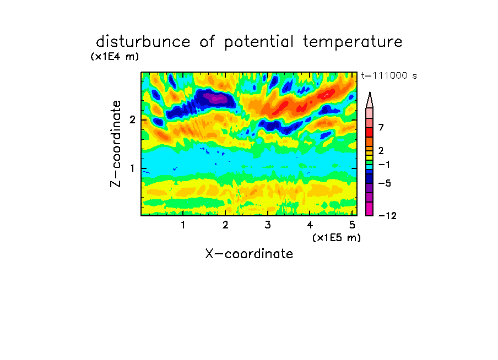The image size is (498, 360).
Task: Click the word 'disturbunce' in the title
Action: point(143,42)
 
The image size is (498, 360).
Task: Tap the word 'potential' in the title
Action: point(259,42)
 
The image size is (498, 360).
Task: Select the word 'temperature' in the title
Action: point(353,42)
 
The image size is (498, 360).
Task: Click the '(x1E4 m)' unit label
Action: point(115,57)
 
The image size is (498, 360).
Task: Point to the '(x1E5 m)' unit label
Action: point(337,237)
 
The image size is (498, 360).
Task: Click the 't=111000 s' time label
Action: point(389,75)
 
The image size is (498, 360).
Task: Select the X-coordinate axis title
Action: point(249,254)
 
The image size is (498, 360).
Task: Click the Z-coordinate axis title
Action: point(116,144)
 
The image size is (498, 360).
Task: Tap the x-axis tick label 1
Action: point(183,225)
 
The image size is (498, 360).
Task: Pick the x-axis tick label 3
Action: point(268,225)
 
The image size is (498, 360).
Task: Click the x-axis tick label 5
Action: point(352,225)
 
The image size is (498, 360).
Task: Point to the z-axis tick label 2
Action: point(132,120)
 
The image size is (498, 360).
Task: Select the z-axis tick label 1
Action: point(132,168)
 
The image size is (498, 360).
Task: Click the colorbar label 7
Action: point(381,128)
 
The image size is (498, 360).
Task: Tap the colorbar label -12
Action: point(388,216)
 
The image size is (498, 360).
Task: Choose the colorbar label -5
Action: point(385,183)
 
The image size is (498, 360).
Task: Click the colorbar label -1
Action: point(384,165)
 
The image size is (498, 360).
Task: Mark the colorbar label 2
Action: point(381,151)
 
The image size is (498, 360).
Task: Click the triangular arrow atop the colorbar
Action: point(370,100)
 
